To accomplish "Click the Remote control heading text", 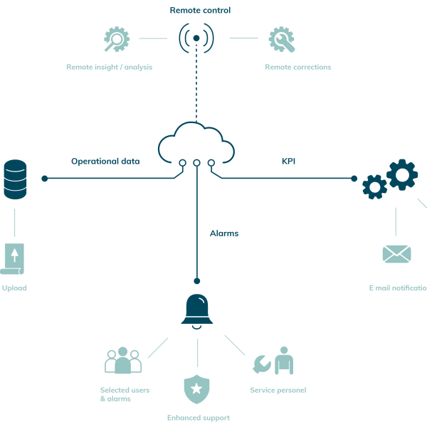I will [200, 10].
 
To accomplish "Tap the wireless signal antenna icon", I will [196, 38].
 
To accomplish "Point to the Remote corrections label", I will [297, 67].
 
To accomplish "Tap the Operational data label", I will [105, 162].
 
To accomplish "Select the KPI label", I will [288, 162].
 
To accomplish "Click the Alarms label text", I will [224, 233].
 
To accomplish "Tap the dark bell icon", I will [197, 311].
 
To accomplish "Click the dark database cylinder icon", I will [14, 179].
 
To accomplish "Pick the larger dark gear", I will [402, 174].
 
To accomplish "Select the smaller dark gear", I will [374, 186].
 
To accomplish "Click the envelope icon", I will [396, 253].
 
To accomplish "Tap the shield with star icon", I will [196, 389].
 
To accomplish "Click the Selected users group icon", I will [123, 362].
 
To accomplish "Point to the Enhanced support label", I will [198, 418].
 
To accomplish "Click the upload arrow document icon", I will [14, 258].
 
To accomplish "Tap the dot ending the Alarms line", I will [197, 281].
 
